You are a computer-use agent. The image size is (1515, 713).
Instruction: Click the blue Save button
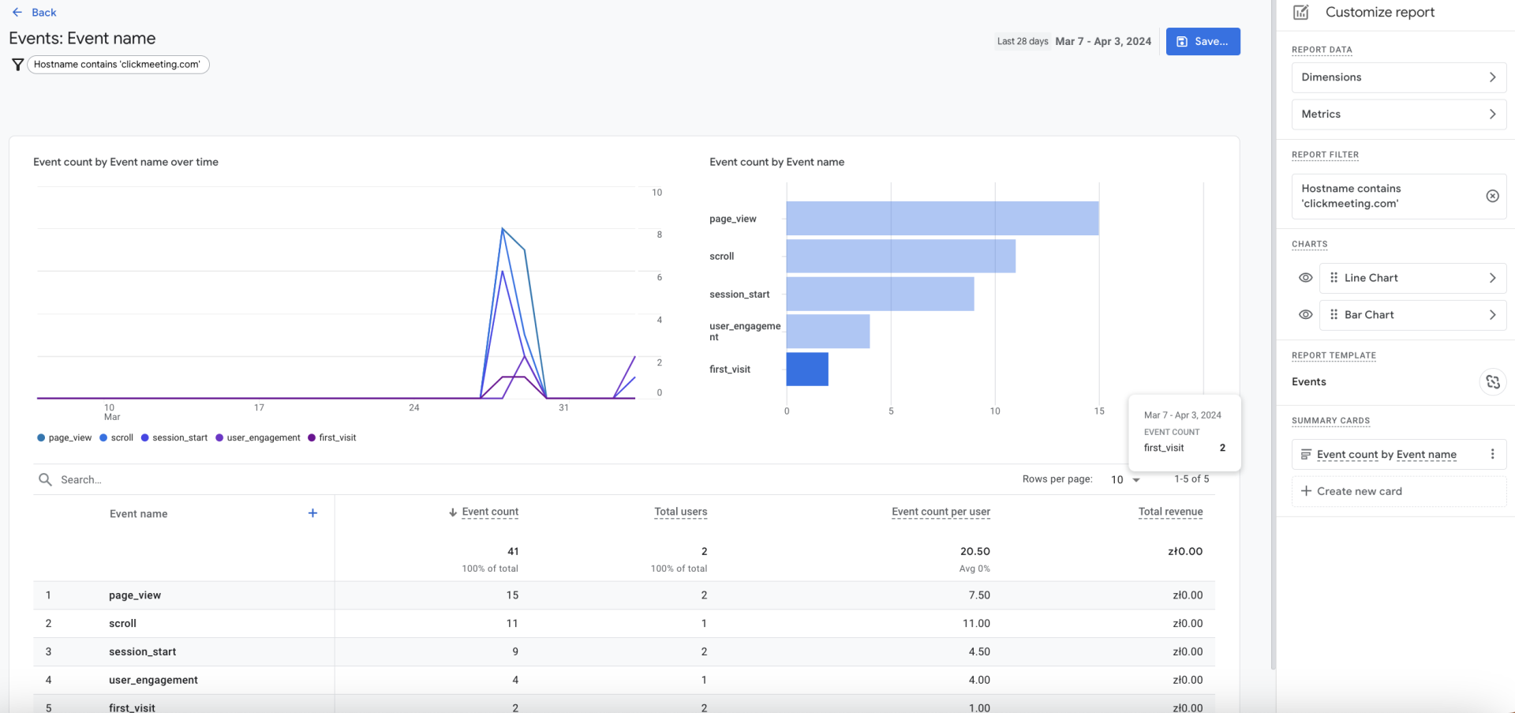click(1203, 41)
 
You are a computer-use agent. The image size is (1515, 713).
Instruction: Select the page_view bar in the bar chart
click(941, 219)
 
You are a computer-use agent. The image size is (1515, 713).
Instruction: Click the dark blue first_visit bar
click(806, 370)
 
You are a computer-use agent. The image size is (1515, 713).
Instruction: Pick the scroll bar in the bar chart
click(900, 257)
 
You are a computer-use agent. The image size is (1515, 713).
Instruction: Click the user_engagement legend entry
click(258, 438)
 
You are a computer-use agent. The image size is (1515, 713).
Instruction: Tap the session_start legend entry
click(175, 438)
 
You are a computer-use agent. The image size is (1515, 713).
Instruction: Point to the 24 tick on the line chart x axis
click(414, 408)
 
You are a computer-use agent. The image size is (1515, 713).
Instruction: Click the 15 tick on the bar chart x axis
click(1098, 411)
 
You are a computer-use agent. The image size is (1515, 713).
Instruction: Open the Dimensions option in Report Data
click(1398, 77)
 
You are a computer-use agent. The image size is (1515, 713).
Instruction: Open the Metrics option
click(1398, 114)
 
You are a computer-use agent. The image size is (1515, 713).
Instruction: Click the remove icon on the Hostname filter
click(1492, 197)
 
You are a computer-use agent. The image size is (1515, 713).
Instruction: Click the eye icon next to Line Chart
click(1305, 278)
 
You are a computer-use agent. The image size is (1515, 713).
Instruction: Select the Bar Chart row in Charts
click(1412, 315)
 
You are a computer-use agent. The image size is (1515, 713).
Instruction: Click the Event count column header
click(489, 512)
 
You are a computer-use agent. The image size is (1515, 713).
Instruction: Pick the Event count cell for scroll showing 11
click(512, 624)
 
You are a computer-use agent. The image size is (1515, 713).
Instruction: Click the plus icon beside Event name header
click(312, 513)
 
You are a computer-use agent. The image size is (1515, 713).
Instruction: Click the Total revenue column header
click(1170, 512)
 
